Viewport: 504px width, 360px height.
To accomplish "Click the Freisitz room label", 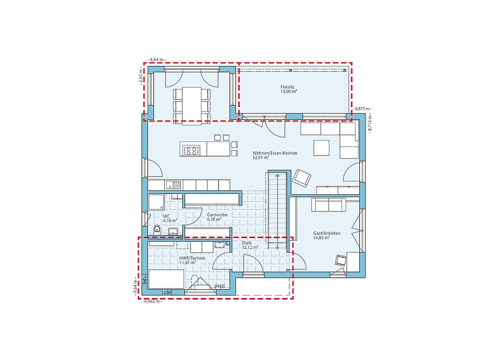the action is [x=287, y=87].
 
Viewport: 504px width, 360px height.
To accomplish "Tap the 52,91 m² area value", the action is [x=261, y=158].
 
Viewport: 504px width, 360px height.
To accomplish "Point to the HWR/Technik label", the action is [x=192, y=258].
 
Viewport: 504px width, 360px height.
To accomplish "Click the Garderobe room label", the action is [x=217, y=214].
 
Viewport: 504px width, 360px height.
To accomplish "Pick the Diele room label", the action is [x=247, y=243].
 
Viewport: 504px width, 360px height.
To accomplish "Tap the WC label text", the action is [x=166, y=216].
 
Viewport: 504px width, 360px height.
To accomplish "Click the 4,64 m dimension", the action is [x=157, y=60].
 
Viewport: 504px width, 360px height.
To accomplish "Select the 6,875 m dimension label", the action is [x=362, y=109].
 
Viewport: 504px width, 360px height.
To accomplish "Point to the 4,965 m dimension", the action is [x=152, y=301].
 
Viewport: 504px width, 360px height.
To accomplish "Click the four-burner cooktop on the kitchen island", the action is [x=191, y=150].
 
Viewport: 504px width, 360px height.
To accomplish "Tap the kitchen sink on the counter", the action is [x=173, y=185].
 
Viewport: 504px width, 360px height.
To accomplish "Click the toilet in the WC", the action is [x=157, y=229].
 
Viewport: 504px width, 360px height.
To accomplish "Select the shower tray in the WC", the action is [x=156, y=202].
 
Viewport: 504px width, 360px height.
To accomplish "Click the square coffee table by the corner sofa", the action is [x=321, y=148].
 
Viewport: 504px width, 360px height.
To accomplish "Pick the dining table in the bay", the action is [x=191, y=104].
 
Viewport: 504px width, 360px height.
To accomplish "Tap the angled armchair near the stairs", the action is [x=302, y=178].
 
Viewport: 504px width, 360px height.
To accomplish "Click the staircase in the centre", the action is [x=277, y=210].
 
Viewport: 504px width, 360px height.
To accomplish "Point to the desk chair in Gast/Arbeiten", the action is [x=340, y=260].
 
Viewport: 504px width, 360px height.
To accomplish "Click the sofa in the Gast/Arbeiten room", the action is [x=328, y=205].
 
